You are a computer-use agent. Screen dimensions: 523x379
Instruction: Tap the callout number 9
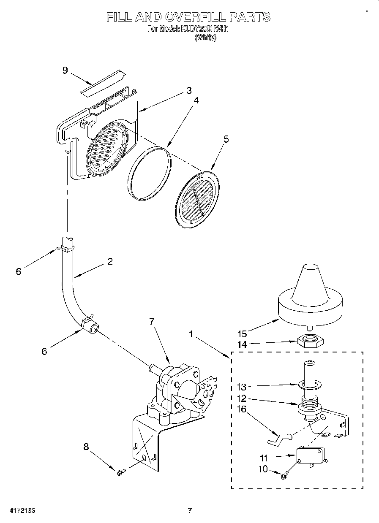click(65, 70)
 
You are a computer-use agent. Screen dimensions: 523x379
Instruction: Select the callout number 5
click(226, 139)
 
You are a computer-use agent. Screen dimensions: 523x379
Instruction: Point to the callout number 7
click(152, 321)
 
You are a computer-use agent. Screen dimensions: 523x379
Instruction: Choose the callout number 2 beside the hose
click(110, 261)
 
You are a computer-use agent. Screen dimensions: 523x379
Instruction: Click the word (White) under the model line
click(205, 38)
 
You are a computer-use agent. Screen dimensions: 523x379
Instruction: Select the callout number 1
click(191, 334)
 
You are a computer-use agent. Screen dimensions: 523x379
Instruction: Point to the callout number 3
click(188, 90)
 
